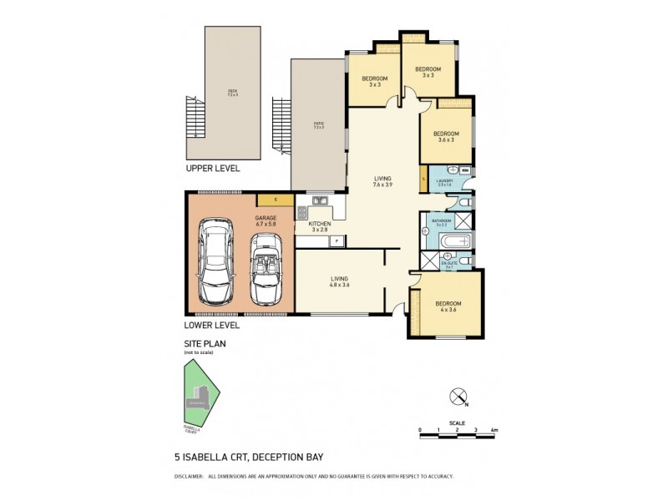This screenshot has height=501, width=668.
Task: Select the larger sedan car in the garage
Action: pyautogui.click(x=215, y=262)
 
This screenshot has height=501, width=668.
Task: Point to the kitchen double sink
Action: pyautogui.click(x=319, y=200)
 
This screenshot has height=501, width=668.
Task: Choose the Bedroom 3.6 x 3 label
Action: pyautogui.click(x=446, y=136)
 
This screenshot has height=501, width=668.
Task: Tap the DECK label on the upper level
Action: pyautogui.click(x=232, y=92)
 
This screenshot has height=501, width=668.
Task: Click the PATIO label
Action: pyautogui.click(x=317, y=125)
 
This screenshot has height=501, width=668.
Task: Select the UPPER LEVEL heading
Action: pyautogui.click(x=213, y=168)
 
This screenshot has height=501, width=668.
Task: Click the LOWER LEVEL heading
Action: pyautogui.click(x=212, y=325)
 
